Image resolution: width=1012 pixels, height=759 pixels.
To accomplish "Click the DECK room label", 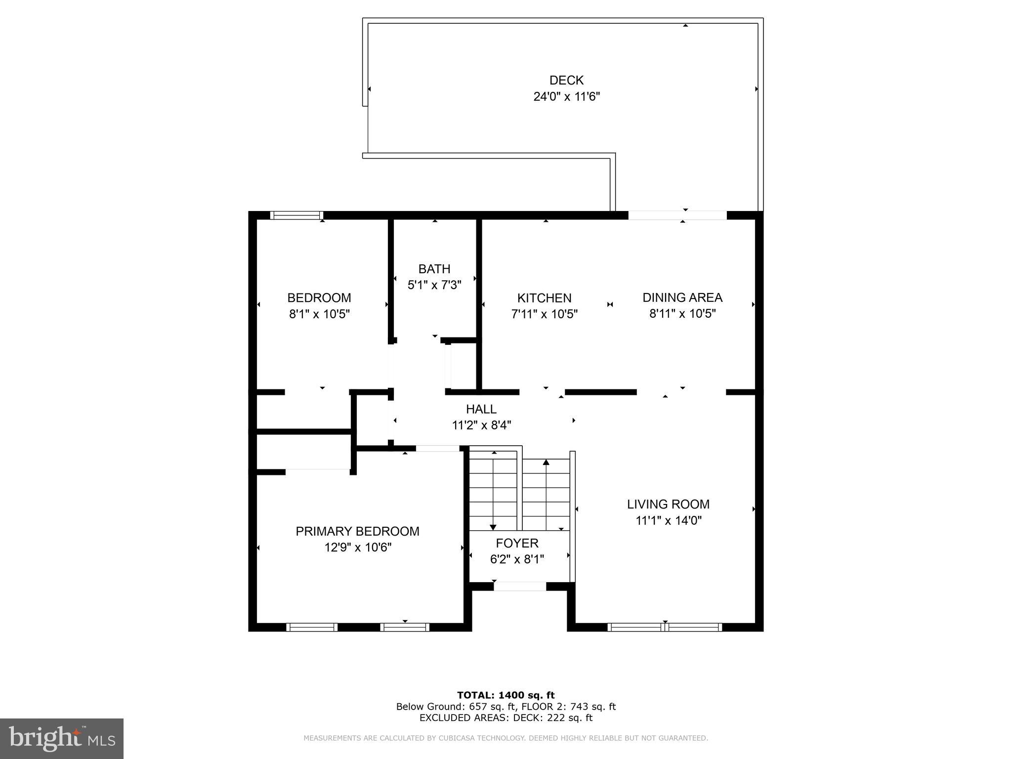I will pyautogui.click(x=566, y=80).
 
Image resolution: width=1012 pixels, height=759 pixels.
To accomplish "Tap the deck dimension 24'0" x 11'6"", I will pyautogui.click(x=566, y=96).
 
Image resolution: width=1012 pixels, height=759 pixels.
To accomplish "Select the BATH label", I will pyautogui.click(x=434, y=269).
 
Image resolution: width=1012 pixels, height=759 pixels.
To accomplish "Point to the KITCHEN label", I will pyautogui.click(x=544, y=298).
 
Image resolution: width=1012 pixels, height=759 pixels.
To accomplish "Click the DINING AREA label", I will pyautogui.click(x=682, y=297).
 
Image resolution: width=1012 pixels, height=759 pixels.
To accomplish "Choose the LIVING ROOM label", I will pyautogui.click(x=668, y=504).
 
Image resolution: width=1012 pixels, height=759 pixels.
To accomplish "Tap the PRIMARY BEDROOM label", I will pyautogui.click(x=357, y=531).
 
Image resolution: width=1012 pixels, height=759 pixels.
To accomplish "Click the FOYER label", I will pyautogui.click(x=517, y=543).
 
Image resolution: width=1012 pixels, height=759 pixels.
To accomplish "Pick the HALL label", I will pyautogui.click(x=481, y=409).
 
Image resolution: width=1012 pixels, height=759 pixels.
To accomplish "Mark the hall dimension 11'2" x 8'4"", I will pyautogui.click(x=481, y=425).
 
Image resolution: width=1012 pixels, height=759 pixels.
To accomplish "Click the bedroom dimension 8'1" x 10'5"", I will pyautogui.click(x=319, y=314).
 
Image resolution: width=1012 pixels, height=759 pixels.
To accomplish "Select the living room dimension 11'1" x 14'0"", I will pyautogui.click(x=668, y=520).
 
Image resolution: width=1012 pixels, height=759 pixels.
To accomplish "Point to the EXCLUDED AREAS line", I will pyautogui.click(x=506, y=718).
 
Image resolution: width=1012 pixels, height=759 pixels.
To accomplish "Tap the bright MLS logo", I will pyautogui.click(x=62, y=738).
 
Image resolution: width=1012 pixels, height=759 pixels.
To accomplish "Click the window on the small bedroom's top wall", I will pyautogui.click(x=296, y=215).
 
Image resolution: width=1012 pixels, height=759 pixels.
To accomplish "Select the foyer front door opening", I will pyautogui.click(x=520, y=587).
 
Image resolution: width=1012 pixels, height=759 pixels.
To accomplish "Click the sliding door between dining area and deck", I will pyautogui.click(x=677, y=215).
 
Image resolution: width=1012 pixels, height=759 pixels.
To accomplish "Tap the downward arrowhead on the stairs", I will pyautogui.click(x=493, y=527).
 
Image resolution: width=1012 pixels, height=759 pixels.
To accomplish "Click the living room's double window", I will pyautogui.click(x=665, y=627).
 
